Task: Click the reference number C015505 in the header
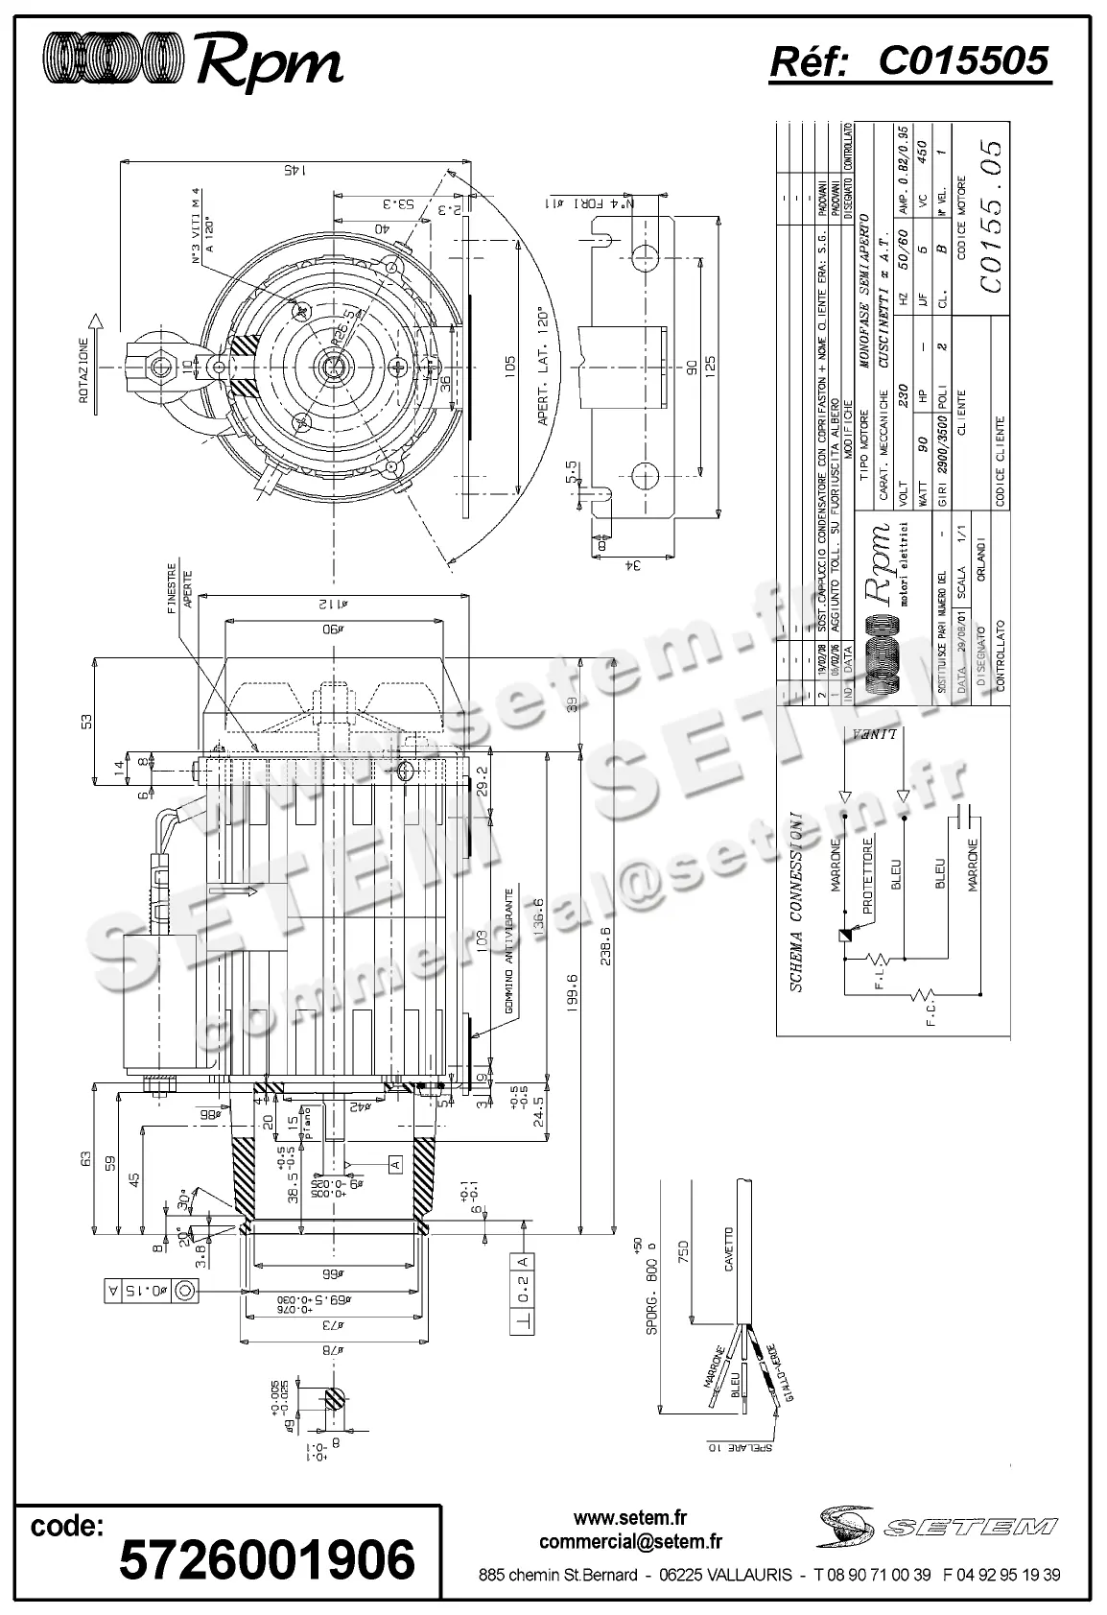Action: point(963,61)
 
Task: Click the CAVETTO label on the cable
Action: point(729,1247)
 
